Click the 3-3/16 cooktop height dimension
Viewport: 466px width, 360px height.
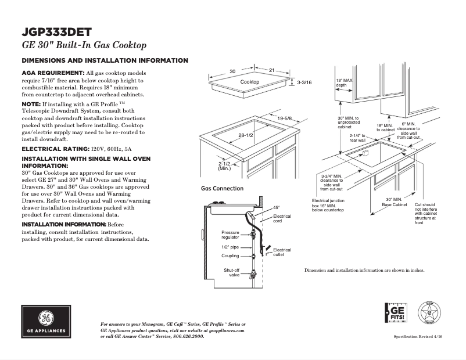304,84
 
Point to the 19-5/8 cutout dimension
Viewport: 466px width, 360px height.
284,118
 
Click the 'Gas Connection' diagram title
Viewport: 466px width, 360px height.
222,189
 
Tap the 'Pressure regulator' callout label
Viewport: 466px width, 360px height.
230,235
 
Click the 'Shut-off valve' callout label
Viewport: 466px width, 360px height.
232,272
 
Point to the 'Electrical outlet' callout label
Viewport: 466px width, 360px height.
282,253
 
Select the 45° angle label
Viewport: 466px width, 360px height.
277,207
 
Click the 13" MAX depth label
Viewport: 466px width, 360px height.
344,82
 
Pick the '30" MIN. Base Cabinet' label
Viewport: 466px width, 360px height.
393,203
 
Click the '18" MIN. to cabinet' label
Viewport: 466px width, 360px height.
385,128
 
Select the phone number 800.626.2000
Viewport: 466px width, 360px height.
188,336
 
